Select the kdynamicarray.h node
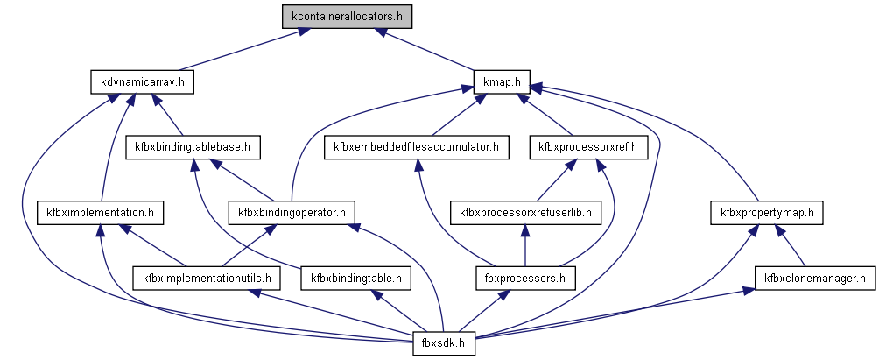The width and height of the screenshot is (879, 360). tap(142, 82)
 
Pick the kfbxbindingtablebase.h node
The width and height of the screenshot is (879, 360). tap(193, 147)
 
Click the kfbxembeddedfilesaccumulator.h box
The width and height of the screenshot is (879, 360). tap(416, 147)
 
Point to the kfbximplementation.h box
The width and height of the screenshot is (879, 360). tap(101, 212)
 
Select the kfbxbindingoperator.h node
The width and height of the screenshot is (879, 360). tap(292, 212)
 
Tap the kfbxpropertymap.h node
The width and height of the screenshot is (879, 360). tap(767, 212)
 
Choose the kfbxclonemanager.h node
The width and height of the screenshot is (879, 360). tap(815, 279)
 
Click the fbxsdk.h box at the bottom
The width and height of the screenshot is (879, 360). tap(444, 343)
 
